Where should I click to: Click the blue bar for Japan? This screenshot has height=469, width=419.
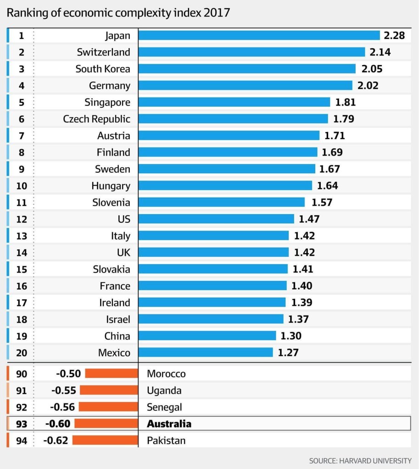pyautogui.click(x=259, y=35)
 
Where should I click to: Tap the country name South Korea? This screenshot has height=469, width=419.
pyautogui.click(x=103, y=69)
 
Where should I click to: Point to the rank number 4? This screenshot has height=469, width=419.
pyautogui.click(x=21, y=86)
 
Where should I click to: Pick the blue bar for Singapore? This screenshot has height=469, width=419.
pyautogui.click(x=234, y=102)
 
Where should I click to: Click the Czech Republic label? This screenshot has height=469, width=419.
pyautogui.click(x=96, y=119)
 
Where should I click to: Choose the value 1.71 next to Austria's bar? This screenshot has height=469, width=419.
pyautogui.click(x=335, y=136)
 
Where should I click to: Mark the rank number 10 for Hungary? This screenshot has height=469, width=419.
pyautogui.click(x=21, y=186)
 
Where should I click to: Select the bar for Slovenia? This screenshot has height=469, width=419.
pyautogui.click(x=221, y=202)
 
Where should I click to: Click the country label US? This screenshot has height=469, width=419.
pyautogui.click(x=124, y=219)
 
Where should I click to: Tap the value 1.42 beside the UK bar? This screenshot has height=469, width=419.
pyautogui.click(x=304, y=253)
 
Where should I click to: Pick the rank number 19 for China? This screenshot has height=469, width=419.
pyautogui.click(x=21, y=336)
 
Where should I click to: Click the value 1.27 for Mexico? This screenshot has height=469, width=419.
pyautogui.click(x=288, y=353)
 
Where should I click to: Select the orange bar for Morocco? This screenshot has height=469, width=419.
pyautogui.click(x=112, y=374)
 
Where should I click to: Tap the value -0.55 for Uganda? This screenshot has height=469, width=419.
pyautogui.click(x=64, y=391)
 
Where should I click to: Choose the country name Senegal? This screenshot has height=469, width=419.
pyautogui.click(x=164, y=407)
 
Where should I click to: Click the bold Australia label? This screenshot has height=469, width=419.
pyautogui.click(x=169, y=424)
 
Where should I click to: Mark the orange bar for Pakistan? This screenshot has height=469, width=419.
pyautogui.click(x=105, y=441)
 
